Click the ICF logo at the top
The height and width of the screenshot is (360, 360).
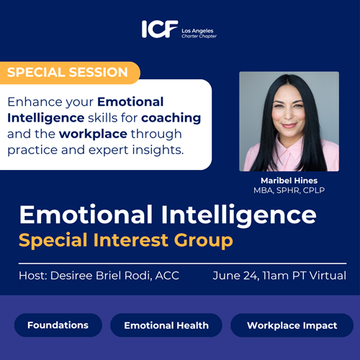[x=160, y=29]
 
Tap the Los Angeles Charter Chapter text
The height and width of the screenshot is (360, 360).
[x=199, y=33]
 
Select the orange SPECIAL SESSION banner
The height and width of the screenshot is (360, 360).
[x=70, y=73]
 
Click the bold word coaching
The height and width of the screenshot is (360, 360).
[x=171, y=118]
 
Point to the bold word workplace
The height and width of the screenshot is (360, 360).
[x=93, y=134]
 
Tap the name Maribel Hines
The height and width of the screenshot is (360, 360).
[x=289, y=181]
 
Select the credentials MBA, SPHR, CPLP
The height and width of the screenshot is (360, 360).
[x=289, y=190]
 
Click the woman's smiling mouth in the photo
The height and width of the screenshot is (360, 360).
[x=289, y=125]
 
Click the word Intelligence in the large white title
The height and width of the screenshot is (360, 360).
[x=239, y=215]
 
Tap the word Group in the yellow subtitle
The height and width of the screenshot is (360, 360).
[x=203, y=240]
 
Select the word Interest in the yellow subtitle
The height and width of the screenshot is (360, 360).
[x=131, y=240]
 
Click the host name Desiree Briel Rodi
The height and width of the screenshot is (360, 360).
[x=101, y=276]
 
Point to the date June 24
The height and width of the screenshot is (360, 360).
[x=235, y=276]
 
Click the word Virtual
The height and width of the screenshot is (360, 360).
[x=328, y=276]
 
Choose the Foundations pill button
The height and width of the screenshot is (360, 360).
[x=58, y=325]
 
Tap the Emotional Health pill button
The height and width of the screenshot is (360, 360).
[x=166, y=325]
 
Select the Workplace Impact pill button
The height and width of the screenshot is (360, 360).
[x=292, y=325]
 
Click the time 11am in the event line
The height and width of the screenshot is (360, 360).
[x=276, y=276]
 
